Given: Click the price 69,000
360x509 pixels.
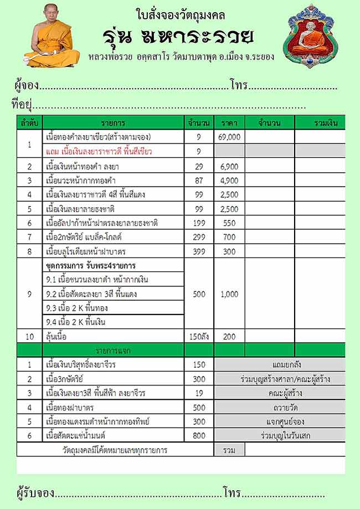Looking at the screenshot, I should click(229, 136).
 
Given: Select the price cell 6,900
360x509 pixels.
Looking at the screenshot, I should click(229, 166).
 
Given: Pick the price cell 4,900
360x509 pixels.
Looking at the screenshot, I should click(229, 181).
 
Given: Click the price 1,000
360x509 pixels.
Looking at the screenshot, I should click(229, 294).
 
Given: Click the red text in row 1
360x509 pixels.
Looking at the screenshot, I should click(99, 151).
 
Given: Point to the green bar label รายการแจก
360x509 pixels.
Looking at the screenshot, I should click(113, 351).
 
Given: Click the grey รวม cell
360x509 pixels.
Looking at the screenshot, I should click(229, 450).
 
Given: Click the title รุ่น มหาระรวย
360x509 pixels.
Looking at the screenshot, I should click(178, 37).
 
